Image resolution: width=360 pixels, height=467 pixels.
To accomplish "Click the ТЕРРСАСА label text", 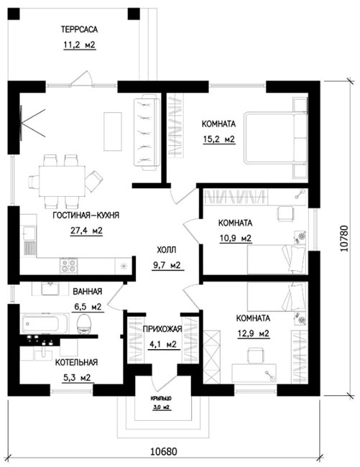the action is coord(79,29).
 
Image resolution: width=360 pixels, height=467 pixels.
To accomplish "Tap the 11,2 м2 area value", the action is coord(79,45).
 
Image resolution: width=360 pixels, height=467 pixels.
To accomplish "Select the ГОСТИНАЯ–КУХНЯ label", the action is coord(86,215).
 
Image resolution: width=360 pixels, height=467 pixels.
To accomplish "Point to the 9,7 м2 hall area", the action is coord(167,265).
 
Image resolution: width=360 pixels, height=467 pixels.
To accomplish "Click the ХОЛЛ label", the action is coord(167,249).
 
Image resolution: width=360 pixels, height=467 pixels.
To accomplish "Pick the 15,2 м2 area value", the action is coord(219,139).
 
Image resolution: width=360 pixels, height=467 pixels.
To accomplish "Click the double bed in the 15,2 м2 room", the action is coord(275,138).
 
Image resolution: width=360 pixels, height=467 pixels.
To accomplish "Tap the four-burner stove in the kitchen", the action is coord(69,266).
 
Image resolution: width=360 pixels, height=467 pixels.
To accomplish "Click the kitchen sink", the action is coord(29,233).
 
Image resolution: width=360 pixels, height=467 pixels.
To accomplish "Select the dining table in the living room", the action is coord(63,181).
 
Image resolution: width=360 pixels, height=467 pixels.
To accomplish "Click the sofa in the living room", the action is coord(147,132).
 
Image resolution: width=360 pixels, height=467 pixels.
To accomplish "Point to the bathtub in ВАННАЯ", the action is coord(45,323).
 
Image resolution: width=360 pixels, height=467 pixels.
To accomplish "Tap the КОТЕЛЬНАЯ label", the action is coord(76,362).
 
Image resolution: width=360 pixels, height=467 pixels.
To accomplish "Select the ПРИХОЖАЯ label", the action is coord(162,329).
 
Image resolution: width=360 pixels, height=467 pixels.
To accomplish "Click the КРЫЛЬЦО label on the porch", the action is coord(161,398).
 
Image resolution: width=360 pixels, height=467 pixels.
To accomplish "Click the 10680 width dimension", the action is coord(164,451).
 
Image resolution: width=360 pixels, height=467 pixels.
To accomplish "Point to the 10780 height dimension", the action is coord(344,239).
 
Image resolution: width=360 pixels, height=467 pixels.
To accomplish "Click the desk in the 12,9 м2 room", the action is coord(254,373).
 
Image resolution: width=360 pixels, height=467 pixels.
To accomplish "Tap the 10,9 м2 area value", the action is coord(236,239).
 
